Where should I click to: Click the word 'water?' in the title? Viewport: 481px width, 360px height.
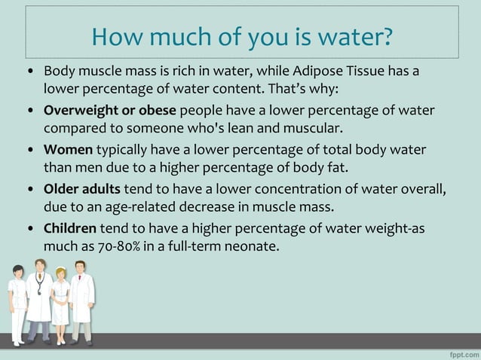point(354,35)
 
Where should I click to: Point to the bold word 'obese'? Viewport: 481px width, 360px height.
point(157,110)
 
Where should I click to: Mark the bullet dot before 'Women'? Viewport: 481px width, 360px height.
point(29,150)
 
